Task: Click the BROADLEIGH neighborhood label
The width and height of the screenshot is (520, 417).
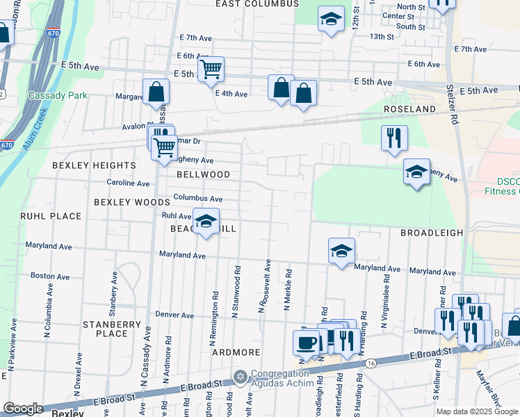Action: pyautogui.click(x=431, y=234)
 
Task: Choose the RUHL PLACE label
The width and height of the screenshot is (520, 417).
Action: pyautogui.click(x=51, y=216)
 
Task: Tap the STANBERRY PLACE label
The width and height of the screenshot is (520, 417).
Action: pyautogui.click(x=105, y=329)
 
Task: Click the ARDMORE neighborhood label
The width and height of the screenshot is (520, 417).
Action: pyautogui.click(x=236, y=352)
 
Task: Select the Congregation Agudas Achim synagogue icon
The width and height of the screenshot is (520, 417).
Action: pyautogui.click(x=241, y=377)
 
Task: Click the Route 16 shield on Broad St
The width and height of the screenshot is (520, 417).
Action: pyautogui.click(x=371, y=363)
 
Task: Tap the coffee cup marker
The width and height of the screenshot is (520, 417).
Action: pyautogui.click(x=306, y=343)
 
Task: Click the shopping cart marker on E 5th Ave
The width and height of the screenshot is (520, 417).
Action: pyautogui.click(x=210, y=69)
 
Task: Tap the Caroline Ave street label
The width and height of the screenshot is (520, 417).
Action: pyautogui.click(x=128, y=183)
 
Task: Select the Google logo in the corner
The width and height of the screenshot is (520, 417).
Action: pyautogui.click(x=23, y=409)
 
